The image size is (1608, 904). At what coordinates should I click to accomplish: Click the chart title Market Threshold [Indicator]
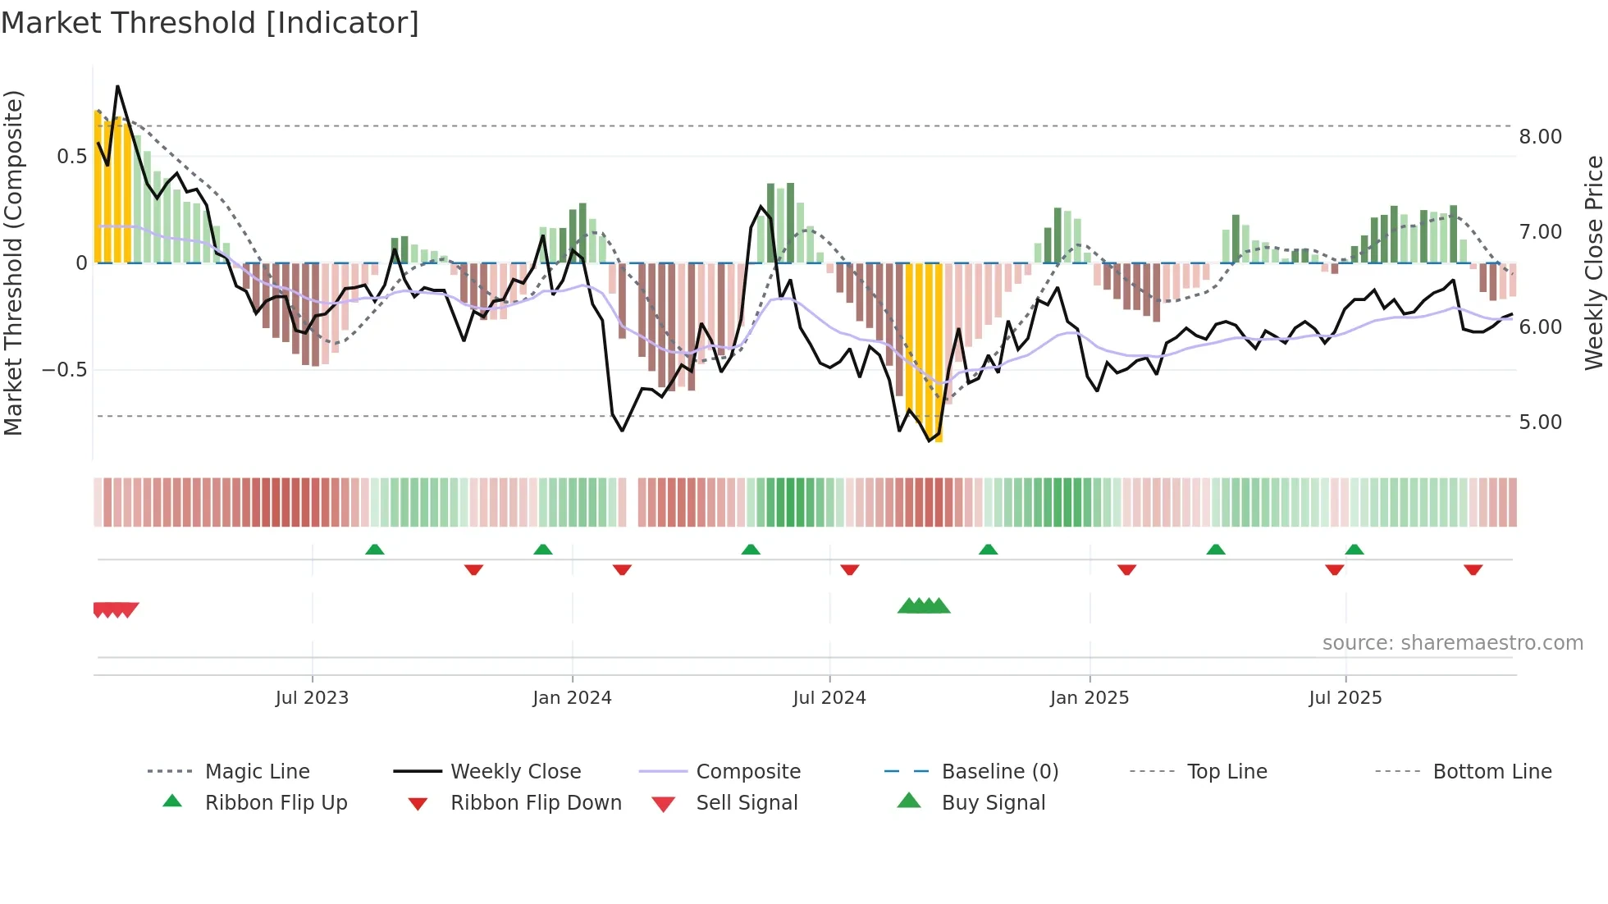pyautogui.click(x=210, y=23)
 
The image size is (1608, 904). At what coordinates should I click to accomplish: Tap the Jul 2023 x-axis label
pyautogui.click(x=312, y=698)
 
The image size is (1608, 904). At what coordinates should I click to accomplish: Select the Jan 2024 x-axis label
pyautogui.click(x=572, y=698)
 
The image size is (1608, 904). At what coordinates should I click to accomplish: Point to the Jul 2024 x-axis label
pyautogui.click(x=829, y=698)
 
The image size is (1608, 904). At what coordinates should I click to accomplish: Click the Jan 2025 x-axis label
pyautogui.click(x=1090, y=698)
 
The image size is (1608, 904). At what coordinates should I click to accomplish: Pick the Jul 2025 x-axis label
pyautogui.click(x=1345, y=698)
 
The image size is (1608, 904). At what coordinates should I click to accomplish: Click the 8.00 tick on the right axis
pyautogui.click(x=1540, y=137)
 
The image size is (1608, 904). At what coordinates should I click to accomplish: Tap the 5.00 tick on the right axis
pyautogui.click(x=1540, y=422)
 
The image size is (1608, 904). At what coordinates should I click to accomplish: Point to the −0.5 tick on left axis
pyautogui.click(x=65, y=370)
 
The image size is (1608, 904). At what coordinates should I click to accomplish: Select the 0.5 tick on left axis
pyautogui.click(x=71, y=157)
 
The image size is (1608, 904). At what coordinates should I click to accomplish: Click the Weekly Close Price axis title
pyautogui.click(x=1593, y=263)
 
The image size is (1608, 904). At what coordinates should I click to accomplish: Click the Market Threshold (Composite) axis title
pyautogui.click(x=13, y=263)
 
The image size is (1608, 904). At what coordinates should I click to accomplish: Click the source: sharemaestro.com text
pyautogui.click(x=1452, y=643)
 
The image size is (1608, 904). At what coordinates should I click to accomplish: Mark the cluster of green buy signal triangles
pyautogui.click(x=924, y=606)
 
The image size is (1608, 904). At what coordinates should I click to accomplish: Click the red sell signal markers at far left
pyautogui.click(x=115, y=610)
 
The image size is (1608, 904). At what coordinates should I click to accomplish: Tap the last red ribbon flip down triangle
pyautogui.click(x=1473, y=569)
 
